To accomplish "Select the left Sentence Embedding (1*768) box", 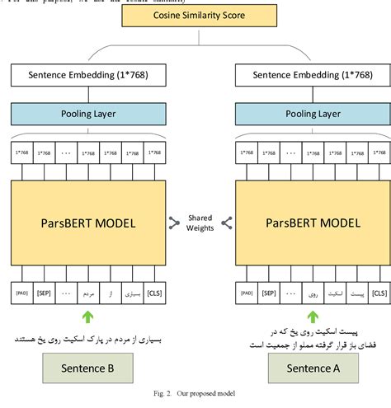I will [84, 77].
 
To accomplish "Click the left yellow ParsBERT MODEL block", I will [84, 223].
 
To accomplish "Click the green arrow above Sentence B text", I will [85, 317].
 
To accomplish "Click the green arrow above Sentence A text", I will [312, 317].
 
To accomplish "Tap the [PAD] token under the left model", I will [21, 292].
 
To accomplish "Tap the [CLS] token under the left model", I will [153, 292].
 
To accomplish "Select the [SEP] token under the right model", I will [267, 292].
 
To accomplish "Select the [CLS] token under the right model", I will [379, 292].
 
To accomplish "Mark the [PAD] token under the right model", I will [245, 292].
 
